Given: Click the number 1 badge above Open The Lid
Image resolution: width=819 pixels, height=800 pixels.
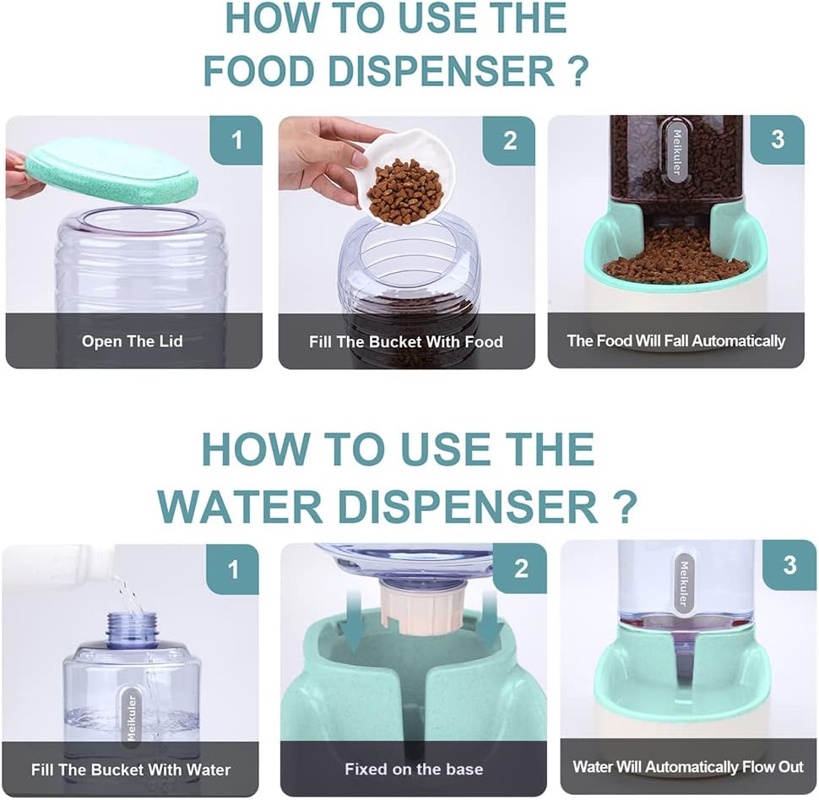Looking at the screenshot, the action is [236, 140].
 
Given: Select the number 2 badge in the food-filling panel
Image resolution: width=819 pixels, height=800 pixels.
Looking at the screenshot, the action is [509, 140].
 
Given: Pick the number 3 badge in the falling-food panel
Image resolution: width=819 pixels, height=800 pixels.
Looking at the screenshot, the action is [778, 139].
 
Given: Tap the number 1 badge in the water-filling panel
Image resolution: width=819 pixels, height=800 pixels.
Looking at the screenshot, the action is [233, 569].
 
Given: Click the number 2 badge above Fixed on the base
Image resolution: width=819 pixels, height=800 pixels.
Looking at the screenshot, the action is [520, 568].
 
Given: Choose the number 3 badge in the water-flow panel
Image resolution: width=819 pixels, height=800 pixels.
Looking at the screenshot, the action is [789, 565].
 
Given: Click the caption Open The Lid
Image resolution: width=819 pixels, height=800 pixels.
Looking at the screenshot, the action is [133, 341].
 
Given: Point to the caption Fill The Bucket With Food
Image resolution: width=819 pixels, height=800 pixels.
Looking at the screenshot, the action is [406, 342].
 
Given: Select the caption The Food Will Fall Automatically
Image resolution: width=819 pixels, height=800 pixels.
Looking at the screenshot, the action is [675, 340].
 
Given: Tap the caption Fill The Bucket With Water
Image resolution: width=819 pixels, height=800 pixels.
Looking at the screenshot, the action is [131, 770].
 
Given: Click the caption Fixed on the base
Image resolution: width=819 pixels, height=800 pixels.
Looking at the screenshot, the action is [414, 770].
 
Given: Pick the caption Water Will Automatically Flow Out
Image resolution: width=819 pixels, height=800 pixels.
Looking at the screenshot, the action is [688, 766].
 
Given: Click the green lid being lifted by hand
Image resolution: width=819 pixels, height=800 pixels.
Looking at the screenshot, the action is [112, 171].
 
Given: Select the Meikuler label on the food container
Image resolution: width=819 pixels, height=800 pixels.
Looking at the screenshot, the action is [676, 152].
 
